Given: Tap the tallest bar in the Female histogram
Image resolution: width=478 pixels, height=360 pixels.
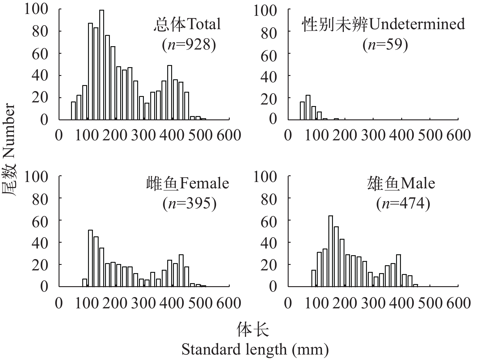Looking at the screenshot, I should click(90, 258).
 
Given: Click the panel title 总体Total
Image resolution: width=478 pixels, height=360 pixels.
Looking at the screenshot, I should click(187, 24).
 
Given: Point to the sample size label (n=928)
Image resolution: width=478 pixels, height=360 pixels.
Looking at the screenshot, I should click(189, 45).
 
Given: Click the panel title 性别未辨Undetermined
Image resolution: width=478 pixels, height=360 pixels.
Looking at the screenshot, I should click(383, 24).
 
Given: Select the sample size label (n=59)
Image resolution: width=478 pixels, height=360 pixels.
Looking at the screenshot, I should click(385, 45).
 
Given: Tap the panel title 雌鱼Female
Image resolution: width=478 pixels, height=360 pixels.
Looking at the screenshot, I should click(188, 183).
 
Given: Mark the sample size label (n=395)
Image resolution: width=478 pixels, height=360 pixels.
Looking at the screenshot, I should click(190, 204).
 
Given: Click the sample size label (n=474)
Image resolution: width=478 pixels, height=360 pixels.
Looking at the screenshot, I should click(403, 204).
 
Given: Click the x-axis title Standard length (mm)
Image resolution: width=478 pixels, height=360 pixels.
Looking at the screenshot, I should click(255, 349).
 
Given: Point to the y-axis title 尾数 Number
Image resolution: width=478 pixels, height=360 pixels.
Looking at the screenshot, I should click(9, 150).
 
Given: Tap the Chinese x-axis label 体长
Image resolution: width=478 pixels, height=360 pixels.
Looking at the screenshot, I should click(253, 330).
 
